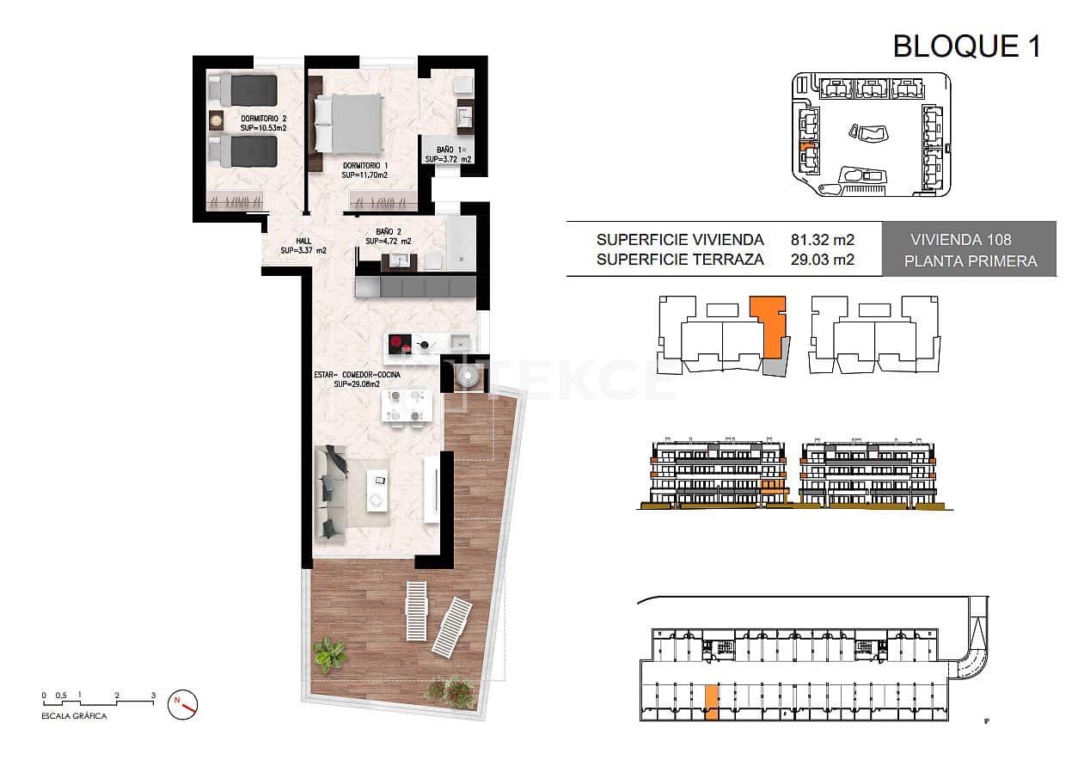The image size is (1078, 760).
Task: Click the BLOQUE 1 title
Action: pos(966,46)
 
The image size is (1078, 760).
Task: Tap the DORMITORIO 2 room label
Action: pos(263,122)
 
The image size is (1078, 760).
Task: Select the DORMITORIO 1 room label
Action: pos(364,169)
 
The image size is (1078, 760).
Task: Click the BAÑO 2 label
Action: pos(388,236)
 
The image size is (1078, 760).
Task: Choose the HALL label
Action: pos(303,246)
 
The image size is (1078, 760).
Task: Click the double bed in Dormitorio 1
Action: pos(348,123)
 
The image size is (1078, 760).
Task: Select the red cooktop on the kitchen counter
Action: pos(398,345)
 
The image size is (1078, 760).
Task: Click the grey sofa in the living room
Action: pos(331,493)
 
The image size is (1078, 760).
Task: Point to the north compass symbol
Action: pos(184,702)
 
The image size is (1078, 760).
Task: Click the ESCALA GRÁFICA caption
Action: pos(75,716)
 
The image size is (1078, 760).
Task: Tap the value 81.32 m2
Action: pos(822,240)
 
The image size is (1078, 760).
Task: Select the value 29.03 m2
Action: pos(822,260)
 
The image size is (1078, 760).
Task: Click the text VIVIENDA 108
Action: pos(969,241)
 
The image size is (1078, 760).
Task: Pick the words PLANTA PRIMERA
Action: pos(969,261)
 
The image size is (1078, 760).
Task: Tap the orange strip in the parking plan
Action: pos(711,702)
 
